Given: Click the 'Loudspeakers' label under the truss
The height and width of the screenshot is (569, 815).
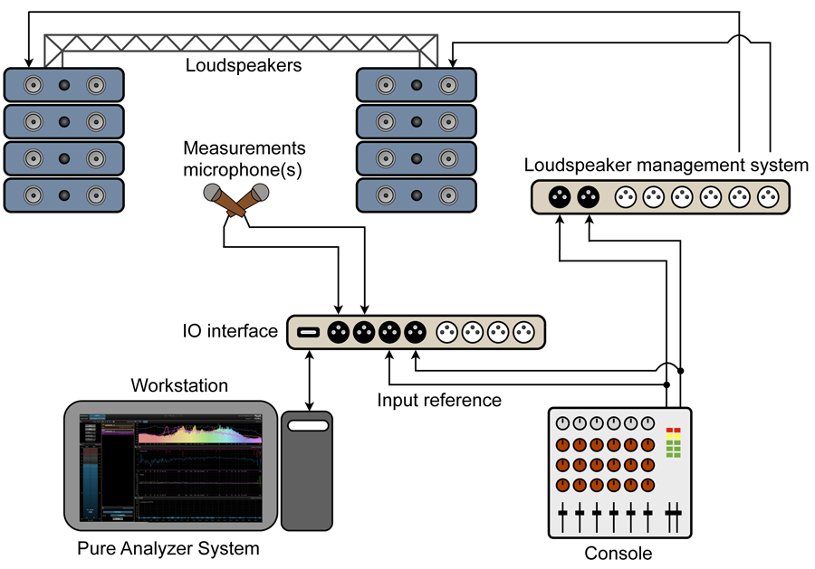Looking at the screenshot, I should tap(244, 65).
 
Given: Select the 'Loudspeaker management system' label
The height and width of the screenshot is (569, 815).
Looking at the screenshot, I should tap(666, 165).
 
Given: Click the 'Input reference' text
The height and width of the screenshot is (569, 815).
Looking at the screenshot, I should tap(439, 399).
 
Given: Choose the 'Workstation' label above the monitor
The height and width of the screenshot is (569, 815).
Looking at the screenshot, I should tap(179, 386).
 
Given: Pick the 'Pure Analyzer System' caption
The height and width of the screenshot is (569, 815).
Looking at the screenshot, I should tap(168, 548).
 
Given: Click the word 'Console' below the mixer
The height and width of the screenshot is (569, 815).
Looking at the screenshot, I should tap(619, 553).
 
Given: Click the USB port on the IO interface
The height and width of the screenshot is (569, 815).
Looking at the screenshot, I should tap(309, 332).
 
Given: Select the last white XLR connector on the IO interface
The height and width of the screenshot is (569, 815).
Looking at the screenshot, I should tap(524, 332).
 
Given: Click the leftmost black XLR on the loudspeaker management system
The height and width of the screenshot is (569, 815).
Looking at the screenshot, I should tap(561, 196).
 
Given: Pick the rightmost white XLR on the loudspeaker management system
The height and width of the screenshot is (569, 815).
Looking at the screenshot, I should tap(769, 196).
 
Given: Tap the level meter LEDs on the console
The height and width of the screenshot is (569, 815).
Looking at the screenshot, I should tap(672, 442).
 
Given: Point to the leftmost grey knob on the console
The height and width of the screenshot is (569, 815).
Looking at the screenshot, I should tap(562, 423).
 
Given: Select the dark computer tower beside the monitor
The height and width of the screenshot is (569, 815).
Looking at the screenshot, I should tap(307, 470).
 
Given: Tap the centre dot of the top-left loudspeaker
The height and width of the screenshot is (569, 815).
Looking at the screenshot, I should tap(64, 86).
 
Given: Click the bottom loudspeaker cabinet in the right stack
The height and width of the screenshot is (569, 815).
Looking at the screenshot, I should tap(416, 194).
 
